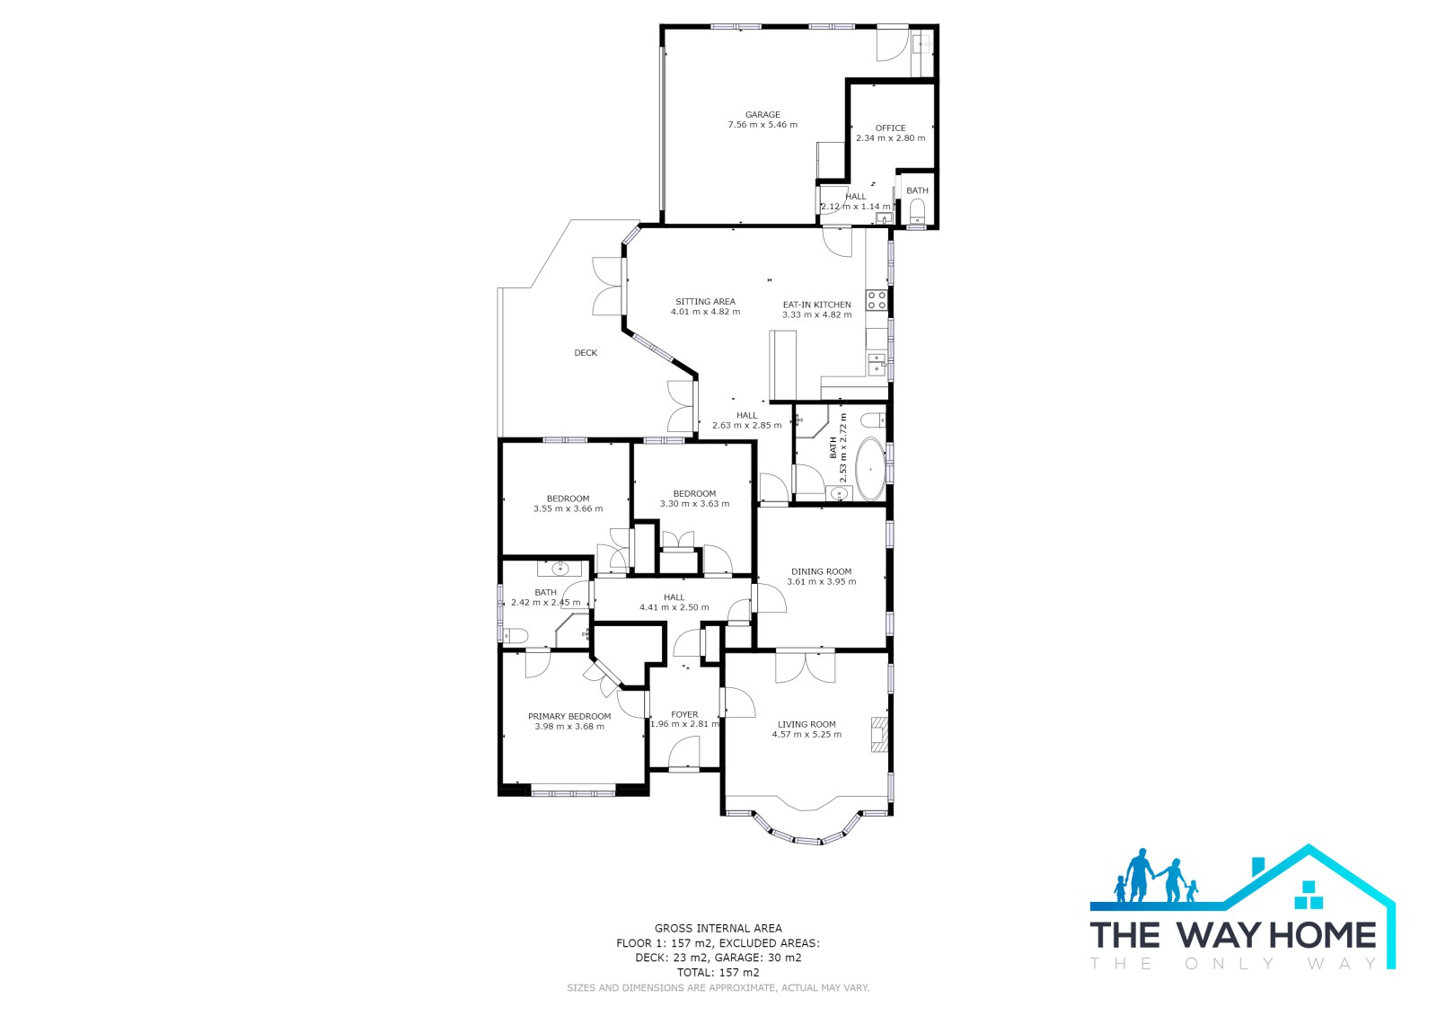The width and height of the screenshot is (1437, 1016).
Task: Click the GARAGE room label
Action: [x=763, y=115]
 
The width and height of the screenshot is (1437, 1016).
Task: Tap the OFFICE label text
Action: [x=890, y=128]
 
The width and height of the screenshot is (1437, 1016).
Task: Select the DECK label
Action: [x=585, y=353]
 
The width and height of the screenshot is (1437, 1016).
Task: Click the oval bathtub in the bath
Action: [x=870, y=470]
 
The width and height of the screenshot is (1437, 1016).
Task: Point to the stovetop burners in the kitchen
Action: [x=877, y=300]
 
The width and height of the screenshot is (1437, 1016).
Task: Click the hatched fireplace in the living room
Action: [x=879, y=734]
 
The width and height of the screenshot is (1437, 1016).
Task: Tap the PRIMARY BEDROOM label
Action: [x=569, y=717]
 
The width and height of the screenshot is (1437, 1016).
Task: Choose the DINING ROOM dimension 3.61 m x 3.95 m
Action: [x=821, y=582]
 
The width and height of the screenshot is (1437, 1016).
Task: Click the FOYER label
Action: [x=684, y=714]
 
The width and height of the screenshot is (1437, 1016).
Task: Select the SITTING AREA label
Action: [x=705, y=302]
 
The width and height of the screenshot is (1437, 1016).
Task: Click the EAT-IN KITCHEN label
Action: [x=816, y=305]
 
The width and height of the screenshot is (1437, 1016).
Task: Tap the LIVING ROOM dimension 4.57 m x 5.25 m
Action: [x=807, y=735]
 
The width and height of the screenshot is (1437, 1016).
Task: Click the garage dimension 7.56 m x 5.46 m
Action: [x=763, y=125]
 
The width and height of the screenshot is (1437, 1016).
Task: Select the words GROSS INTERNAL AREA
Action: [x=718, y=929]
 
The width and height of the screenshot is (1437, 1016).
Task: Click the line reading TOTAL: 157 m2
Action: [x=718, y=973]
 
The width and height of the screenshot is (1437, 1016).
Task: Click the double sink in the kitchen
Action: [x=877, y=364]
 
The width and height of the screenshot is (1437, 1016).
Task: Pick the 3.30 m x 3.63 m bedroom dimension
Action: [x=694, y=505]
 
